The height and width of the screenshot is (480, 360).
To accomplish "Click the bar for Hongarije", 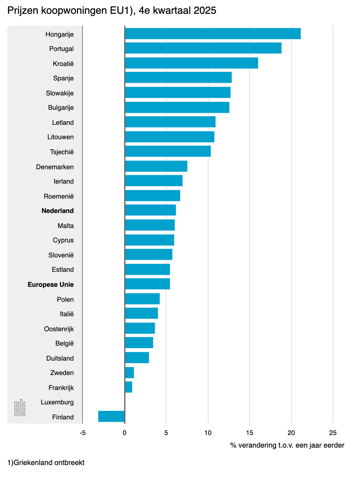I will [x=212, y=34].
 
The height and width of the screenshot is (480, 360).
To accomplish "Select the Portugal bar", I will [x=203, y=48].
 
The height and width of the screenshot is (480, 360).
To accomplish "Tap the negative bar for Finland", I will [x=111, y=416].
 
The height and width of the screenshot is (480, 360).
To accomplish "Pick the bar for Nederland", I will [x=150, y=210].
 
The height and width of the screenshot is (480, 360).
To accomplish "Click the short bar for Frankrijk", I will [x=128, y=387].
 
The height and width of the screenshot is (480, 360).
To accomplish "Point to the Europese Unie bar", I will [x=147, y=284].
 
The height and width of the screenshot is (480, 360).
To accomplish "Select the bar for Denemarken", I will [x=156, y=166].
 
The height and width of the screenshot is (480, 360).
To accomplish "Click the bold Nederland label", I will [x=58, y=211].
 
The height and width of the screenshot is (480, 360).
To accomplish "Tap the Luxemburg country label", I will [x=57, y=402].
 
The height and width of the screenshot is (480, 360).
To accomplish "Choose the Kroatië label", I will [x=63, y=64].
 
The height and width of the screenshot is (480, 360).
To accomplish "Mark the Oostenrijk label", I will [x=59, y=329].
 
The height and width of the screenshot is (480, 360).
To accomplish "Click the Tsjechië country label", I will [x=62, y=152].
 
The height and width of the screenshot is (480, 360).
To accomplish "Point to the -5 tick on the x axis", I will [x=83, y=433].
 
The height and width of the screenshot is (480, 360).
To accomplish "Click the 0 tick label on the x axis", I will [x=124, y=433].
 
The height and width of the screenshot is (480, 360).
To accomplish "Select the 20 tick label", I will [x=291, y=433].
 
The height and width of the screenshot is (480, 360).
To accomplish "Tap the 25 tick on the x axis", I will [x=333, y=433].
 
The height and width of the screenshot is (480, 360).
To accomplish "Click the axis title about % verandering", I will [x=287, y=445].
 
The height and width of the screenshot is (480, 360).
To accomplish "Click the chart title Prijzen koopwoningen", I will [x=112, y=11].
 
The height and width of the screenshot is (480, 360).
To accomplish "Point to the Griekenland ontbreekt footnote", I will [x=46, y=463].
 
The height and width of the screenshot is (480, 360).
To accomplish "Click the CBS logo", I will [x=20, y=407].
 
